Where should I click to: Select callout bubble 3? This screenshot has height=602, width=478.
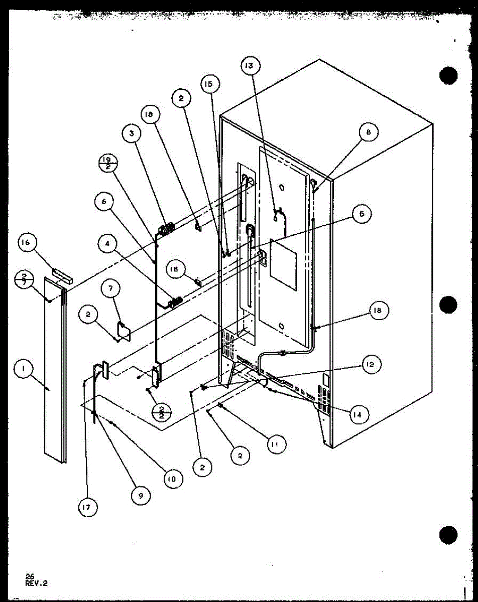tap(132, 133)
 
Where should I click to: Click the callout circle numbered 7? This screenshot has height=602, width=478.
tap(111, 289)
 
